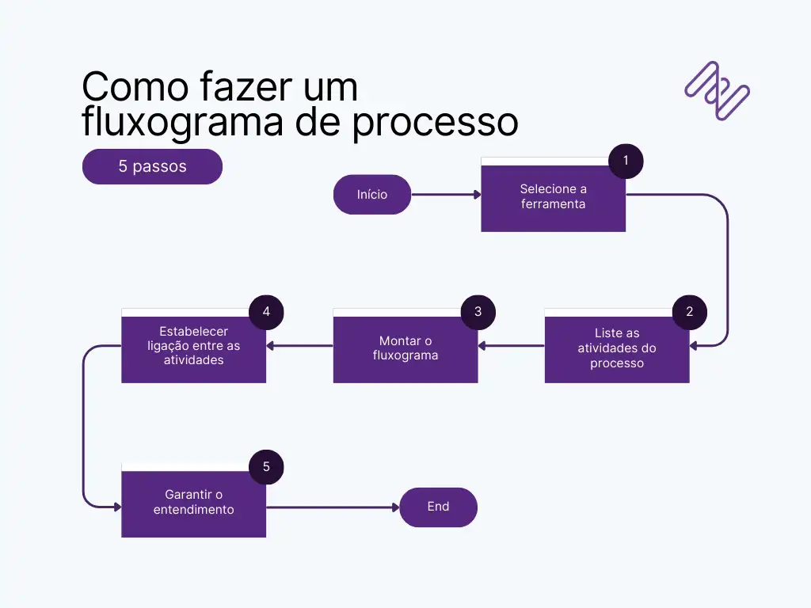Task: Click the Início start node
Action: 372,194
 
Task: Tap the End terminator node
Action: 438,507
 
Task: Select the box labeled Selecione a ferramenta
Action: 553,197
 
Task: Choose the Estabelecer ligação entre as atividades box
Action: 193,347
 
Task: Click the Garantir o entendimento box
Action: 193,503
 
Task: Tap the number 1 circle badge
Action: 626,161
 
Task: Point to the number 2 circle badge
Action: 689,312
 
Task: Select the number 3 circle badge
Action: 478,312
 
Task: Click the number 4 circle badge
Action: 266,312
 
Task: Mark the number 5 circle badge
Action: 266,467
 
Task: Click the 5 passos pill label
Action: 152,166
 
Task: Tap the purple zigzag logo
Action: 717,90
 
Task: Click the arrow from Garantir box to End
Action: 333,507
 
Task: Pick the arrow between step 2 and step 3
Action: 511,345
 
